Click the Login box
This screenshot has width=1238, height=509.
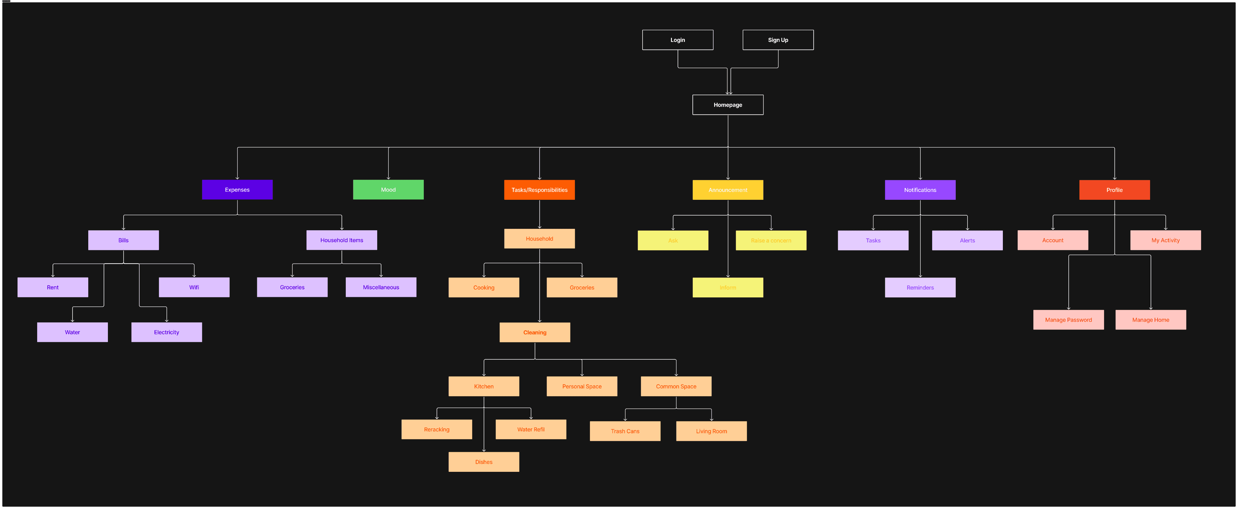point(678,40)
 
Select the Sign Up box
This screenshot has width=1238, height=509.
point(778,40)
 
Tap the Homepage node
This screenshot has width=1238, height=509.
point(728,105)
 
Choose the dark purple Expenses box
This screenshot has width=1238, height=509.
point(237,190)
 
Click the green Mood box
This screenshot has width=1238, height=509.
point(388,190)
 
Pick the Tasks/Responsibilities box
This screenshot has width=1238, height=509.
point(539,190)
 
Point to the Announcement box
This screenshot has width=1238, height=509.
point(728,190)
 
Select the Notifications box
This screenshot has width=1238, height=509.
point(920,190)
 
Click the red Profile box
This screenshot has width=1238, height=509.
point(1114,190)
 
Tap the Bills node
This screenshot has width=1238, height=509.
point(124,240)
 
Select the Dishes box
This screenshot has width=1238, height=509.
point(484,462)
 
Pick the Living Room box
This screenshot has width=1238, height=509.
point(711,431)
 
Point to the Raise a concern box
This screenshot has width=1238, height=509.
point(771,240)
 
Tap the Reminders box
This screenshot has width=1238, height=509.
point(920,287)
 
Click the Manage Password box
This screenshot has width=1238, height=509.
point(1068,319)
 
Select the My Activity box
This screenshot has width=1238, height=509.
point(1165,240)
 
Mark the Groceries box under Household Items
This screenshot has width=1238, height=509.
point(292,287)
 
